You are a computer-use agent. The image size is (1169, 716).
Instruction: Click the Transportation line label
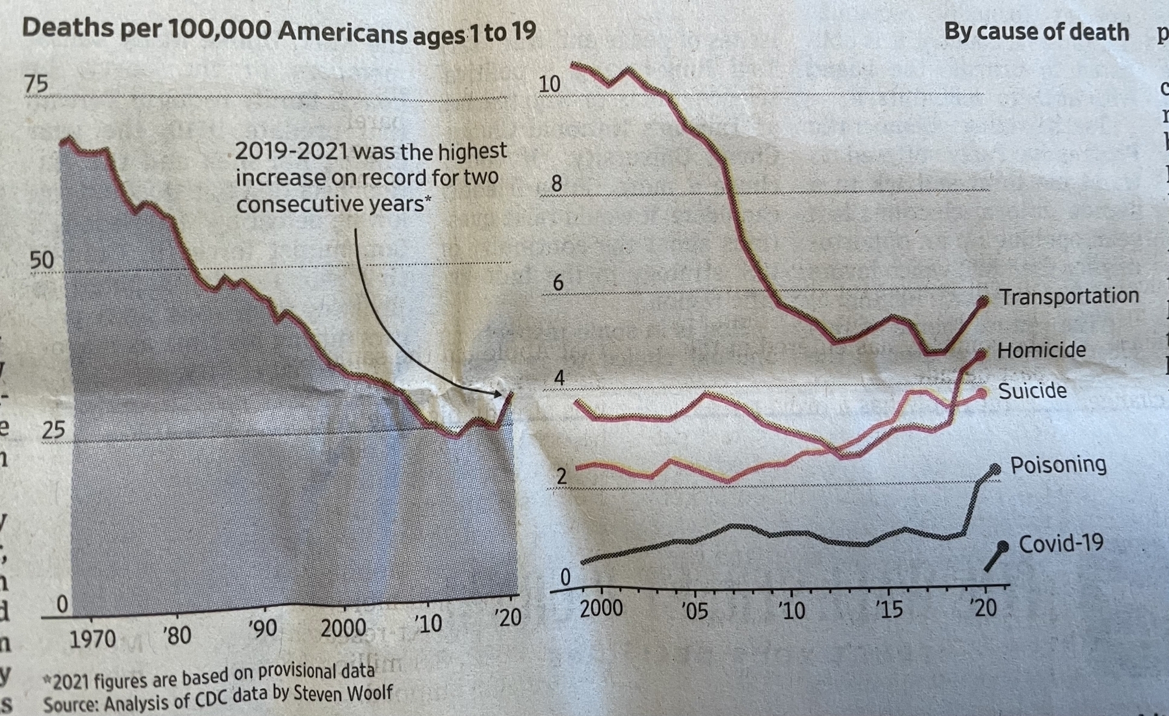[1069, 297]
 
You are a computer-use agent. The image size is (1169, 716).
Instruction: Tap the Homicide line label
[1041, 350]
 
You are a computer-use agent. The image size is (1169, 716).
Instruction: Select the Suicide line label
[1032, 391]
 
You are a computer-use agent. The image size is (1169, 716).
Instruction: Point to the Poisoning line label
[1058, 465]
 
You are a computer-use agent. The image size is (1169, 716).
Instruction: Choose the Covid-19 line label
[1060, 543]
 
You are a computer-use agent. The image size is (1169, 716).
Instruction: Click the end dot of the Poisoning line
[995, 468]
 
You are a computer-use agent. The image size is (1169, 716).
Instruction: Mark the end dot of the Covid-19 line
[1003, 546]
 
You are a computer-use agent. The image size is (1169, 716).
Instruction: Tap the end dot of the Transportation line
[984, 300]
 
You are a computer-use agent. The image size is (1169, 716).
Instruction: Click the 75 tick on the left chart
[36, 84]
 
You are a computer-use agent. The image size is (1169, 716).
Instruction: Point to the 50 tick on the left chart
[42, 260]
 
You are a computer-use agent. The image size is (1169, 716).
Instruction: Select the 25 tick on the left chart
[53, 429]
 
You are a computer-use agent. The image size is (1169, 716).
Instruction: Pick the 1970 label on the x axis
[92, 639]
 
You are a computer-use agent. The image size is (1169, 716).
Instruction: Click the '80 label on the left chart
[177, 635]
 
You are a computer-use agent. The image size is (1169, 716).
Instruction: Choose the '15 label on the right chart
[888, 609]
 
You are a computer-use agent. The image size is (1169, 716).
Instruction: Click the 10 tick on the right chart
[549, 84]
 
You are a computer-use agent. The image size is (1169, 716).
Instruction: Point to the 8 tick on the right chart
[556, 184]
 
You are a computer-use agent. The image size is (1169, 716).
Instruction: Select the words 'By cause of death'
[1036, 32]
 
